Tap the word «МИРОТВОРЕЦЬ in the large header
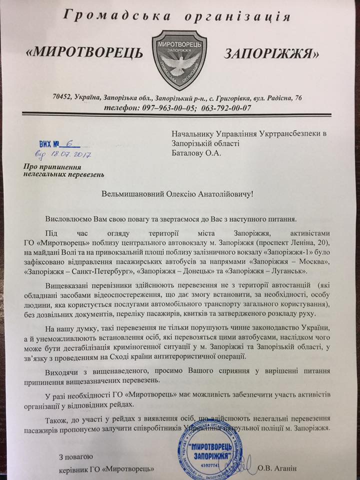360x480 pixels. pos(92,52)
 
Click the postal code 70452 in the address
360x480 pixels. pos(64,97)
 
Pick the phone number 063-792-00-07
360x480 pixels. pos(224,107)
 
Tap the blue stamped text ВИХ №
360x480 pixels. pos(50,143)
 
